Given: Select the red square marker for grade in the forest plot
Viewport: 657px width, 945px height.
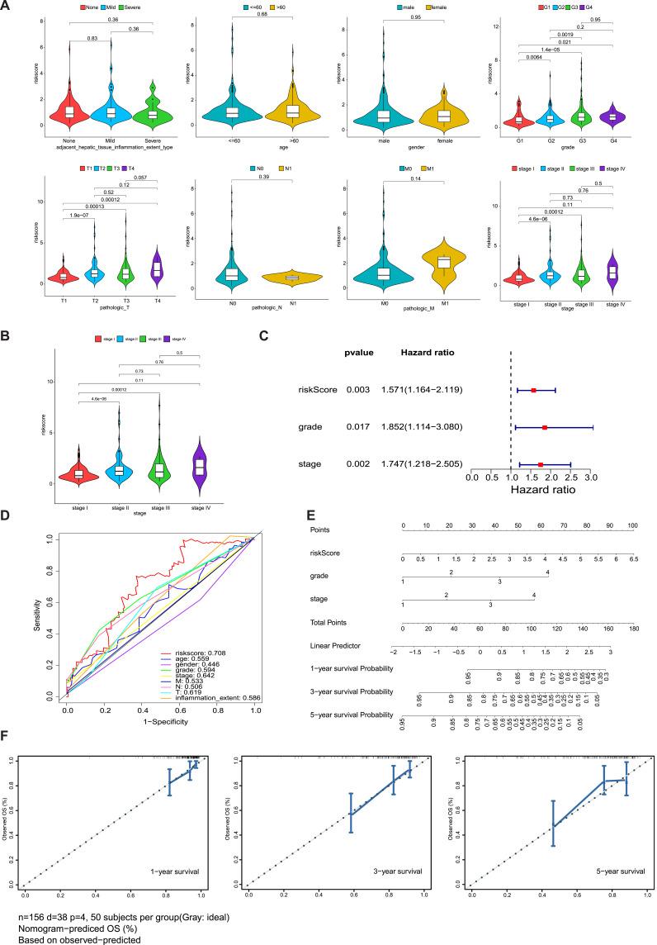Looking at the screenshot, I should click(x=545, y=428).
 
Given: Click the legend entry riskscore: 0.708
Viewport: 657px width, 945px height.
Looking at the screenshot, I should click(x=213, y=653).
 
